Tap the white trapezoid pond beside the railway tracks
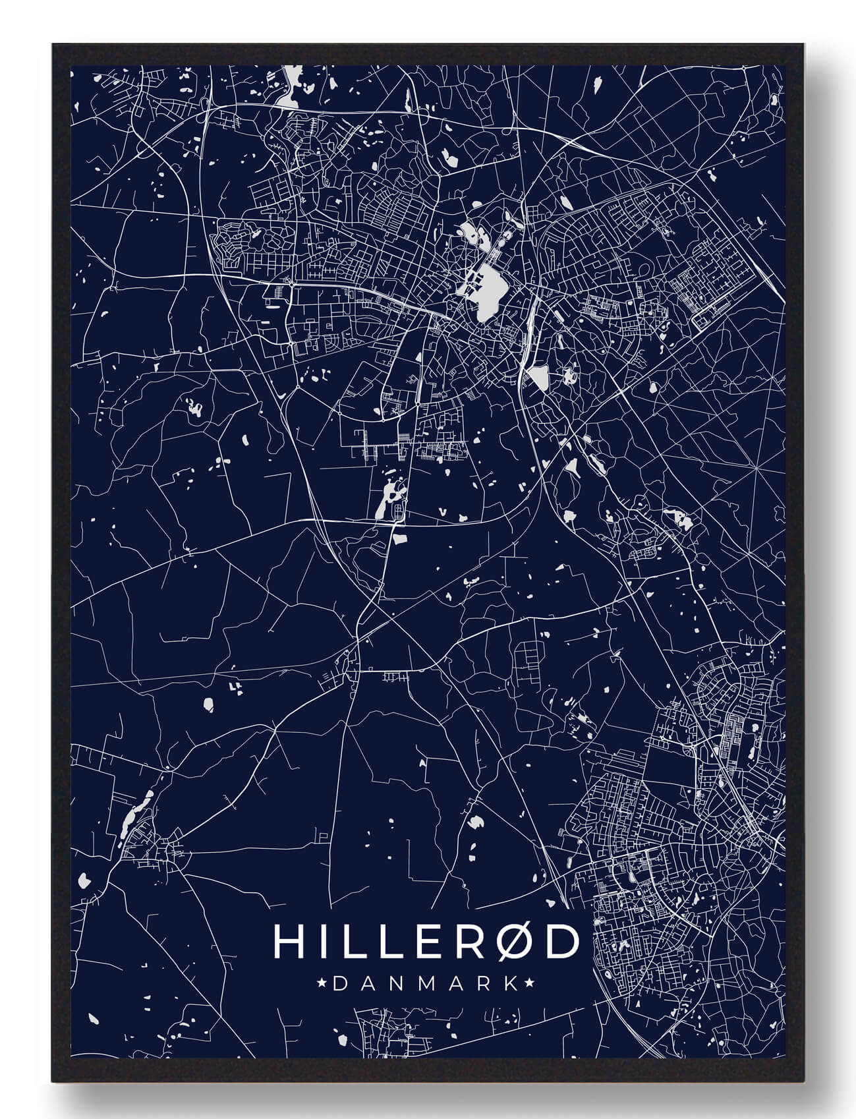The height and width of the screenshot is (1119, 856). point(539,378)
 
